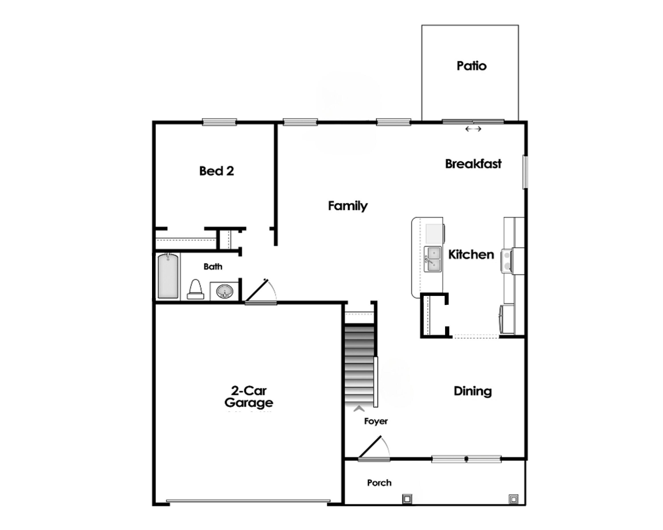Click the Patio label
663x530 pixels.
pos(471,66)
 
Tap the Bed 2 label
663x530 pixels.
pos(217,171)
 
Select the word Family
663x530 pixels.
pos(347,206)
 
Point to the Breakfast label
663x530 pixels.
pos(473,164)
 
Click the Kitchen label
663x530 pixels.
pos(471,254)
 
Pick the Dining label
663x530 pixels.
pos(473,391)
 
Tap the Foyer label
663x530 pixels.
pos(376,421)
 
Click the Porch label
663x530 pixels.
pos(379,483)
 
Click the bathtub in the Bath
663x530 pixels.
pos(168,276)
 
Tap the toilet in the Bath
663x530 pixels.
pos(196,290)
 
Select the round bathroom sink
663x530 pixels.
pos(225,291)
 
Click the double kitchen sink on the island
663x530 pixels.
pos(433,259)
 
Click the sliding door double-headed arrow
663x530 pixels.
pos(473,129)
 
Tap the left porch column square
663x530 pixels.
pos(407,499)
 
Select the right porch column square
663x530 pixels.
pos(513,499)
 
